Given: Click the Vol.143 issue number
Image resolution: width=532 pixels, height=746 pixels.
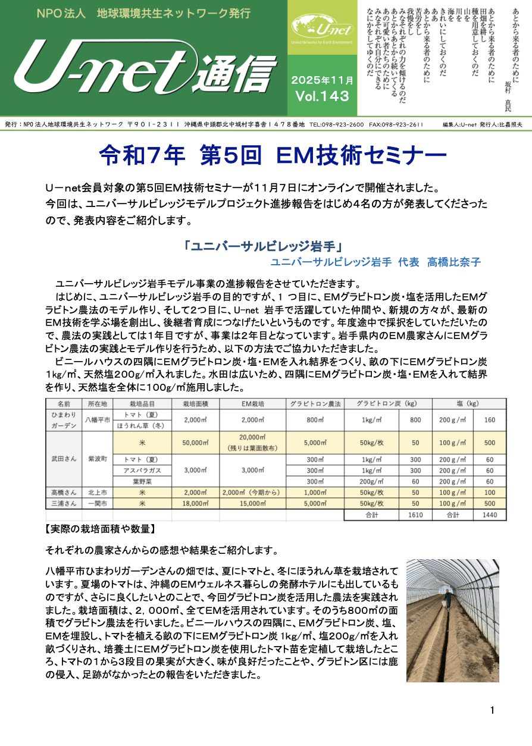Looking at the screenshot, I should (321, 96).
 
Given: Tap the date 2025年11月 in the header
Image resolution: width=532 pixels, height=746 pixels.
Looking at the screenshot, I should (322, 80).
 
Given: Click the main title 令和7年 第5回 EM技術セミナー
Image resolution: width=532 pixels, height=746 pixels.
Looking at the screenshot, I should (272, 157).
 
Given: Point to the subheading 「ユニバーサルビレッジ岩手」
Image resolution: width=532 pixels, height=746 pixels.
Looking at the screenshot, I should (265, 246).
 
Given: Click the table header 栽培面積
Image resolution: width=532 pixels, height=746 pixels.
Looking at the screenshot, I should (195, 403).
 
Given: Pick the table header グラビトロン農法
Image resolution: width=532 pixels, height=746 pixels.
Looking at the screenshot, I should (315, 403).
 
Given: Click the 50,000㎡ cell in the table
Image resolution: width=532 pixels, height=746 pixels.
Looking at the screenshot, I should (195, 443).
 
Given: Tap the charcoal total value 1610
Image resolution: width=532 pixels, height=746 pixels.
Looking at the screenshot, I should (415, 515).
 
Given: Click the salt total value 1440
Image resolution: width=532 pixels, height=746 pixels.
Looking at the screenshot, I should (490, 515).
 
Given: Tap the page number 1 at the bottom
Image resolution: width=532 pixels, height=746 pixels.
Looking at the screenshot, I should (493, 710).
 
